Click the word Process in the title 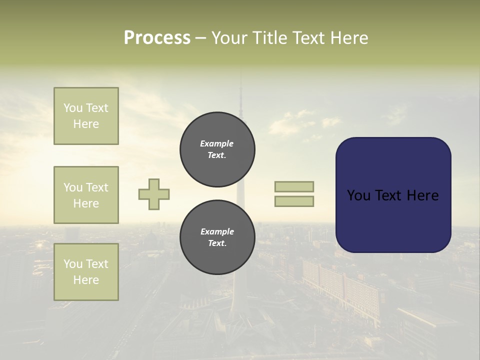pos(157,38)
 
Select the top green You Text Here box pos(86,116)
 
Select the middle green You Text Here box pos(86,195)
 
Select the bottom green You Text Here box pos(86,272)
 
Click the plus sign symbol pos(154,194)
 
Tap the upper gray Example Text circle pos(217,149)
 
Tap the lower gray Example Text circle pos(217,237)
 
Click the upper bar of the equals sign pos(294,186)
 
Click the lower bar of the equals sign pos(294,201)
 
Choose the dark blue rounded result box pos(393,220)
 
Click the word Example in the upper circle pos(217,143)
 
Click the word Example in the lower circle pos(217,231)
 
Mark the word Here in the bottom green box pos(86,280)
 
